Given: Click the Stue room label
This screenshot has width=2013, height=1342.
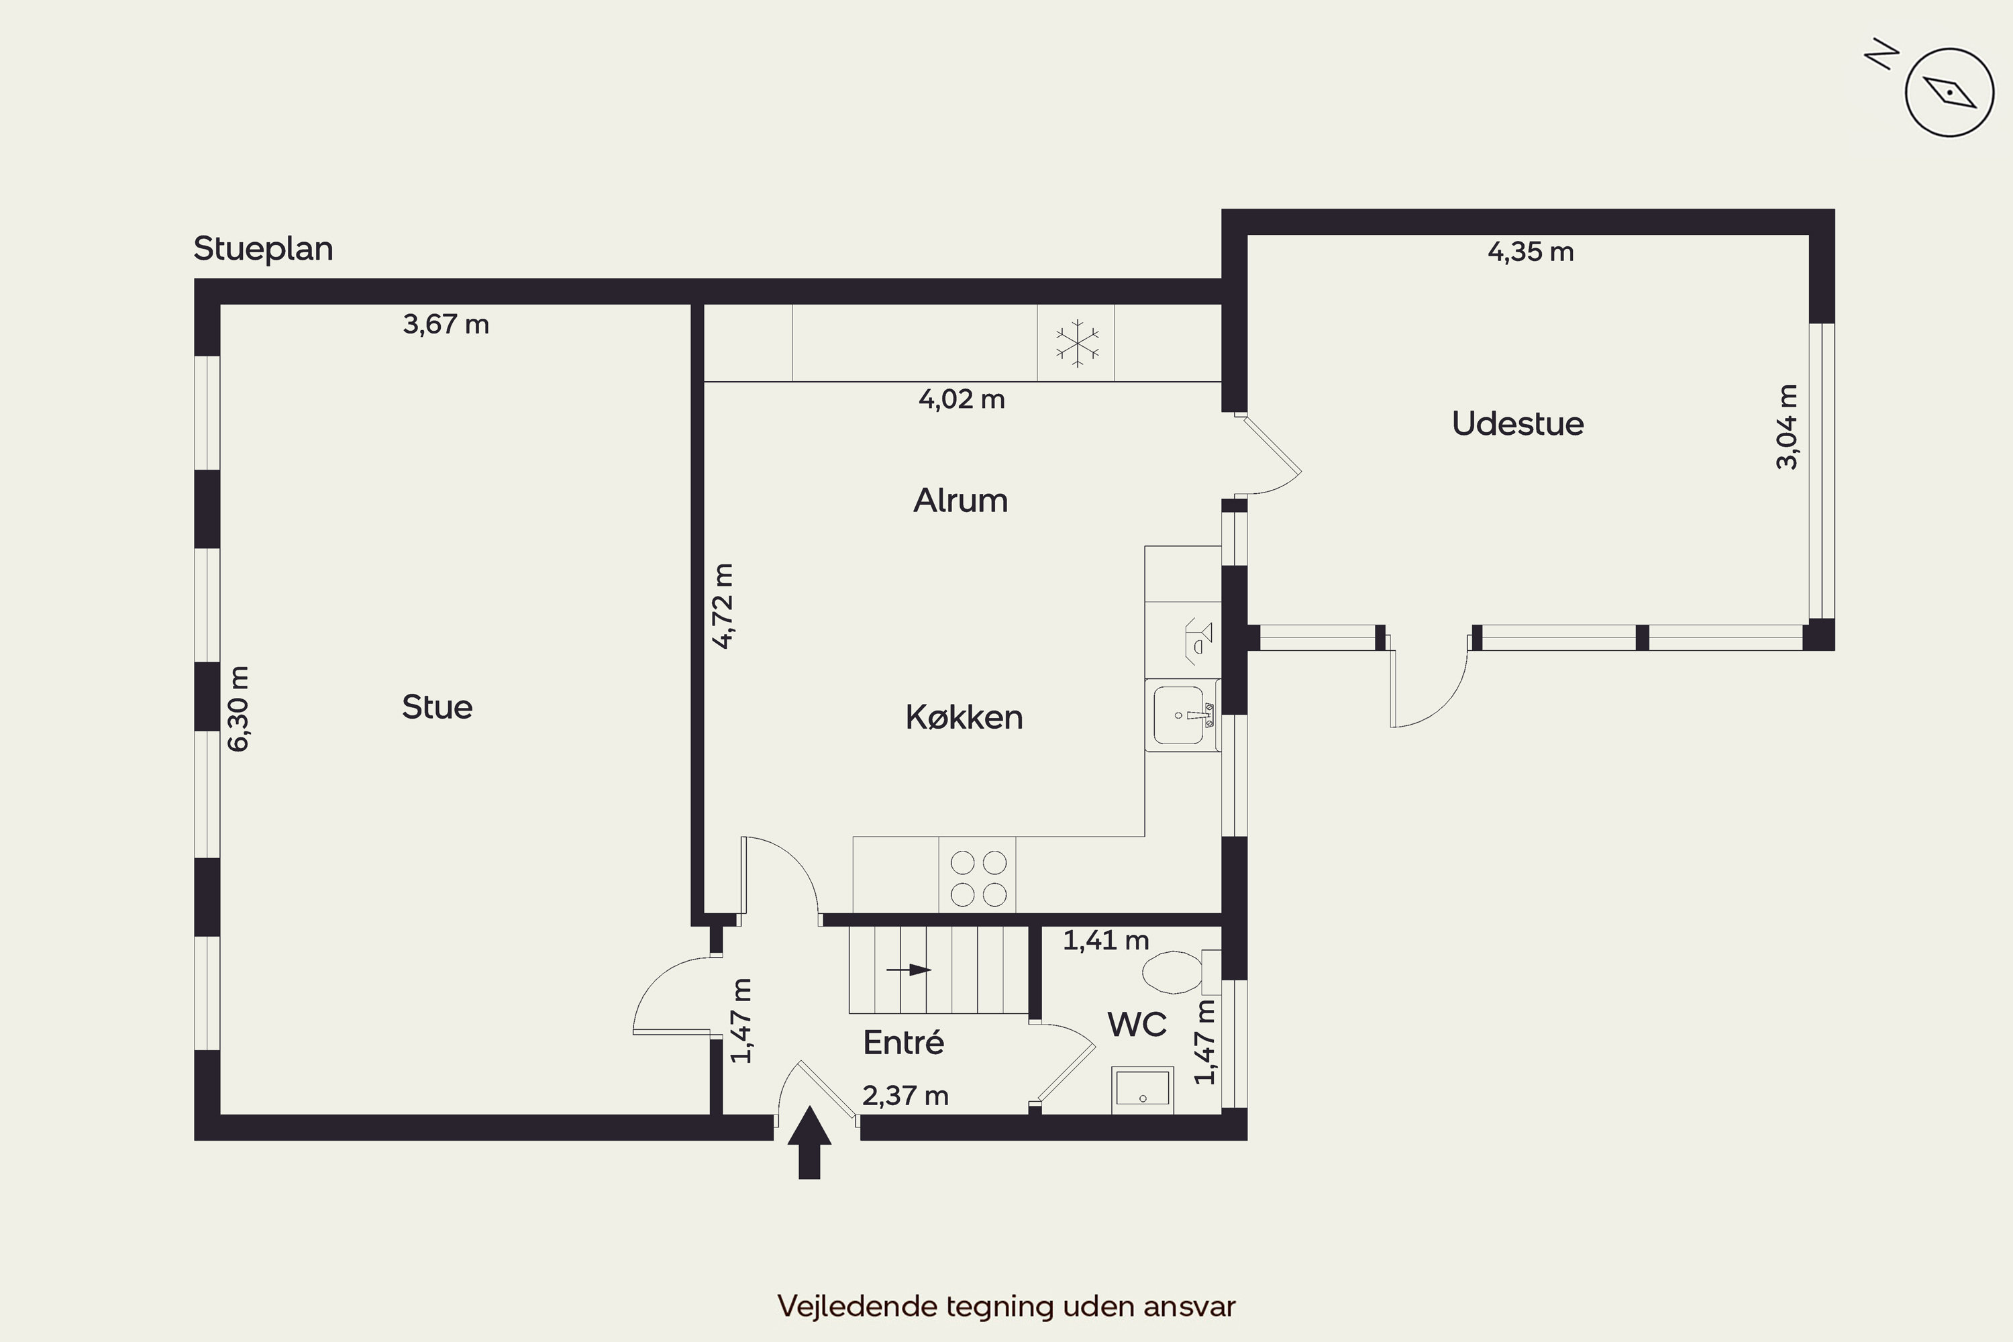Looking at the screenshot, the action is coord(437,707).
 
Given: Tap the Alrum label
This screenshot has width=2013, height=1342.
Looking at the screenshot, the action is coord(960,500).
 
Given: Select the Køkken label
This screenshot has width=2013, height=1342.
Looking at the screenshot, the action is coord(964,717).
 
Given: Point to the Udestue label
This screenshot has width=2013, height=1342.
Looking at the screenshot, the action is coord(1517,423).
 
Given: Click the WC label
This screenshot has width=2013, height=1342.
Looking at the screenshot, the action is coord(1137,1024).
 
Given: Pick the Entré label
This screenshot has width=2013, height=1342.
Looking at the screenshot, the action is coord(903,1041).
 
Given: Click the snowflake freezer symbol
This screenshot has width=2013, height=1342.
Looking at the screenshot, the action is coord(1077,343).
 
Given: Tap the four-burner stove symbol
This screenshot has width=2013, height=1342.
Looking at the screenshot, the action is coord(978,877).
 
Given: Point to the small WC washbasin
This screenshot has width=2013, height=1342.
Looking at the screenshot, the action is coord(1143,1090).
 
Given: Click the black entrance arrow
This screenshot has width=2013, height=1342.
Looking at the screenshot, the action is coord(809,1143).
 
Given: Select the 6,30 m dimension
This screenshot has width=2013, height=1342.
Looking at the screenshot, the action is coord(239,709).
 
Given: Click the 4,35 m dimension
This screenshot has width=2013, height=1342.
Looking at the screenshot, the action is coord(1531,252).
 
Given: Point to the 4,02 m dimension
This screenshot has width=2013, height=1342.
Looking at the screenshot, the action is coord(961,399).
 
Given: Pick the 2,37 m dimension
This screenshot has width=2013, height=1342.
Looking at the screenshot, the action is coord(905,1096).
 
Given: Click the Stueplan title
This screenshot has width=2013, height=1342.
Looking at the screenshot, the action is coord(264,249).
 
